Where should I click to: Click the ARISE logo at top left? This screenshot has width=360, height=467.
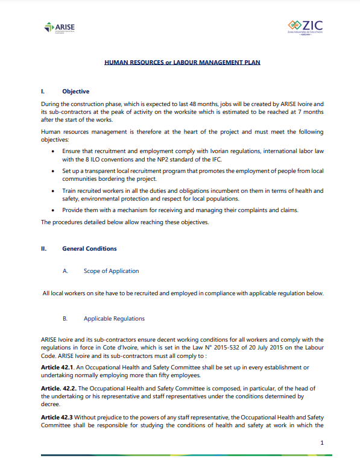click(60, 27)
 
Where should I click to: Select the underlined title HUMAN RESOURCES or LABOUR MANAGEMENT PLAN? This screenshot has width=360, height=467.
click(182, 62)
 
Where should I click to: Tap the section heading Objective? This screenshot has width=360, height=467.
click(75, 92)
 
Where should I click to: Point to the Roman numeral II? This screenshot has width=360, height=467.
click(43, 248)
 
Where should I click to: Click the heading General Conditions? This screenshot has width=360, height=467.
click(89, 248)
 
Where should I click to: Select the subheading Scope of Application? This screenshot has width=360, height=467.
click(111, 271)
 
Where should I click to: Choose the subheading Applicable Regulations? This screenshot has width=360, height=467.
click(114, 318)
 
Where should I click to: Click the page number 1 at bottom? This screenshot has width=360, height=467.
click(323, 443)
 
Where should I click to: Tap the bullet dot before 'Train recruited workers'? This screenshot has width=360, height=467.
click(54, 191)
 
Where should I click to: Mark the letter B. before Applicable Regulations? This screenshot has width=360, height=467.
click(65, 318)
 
